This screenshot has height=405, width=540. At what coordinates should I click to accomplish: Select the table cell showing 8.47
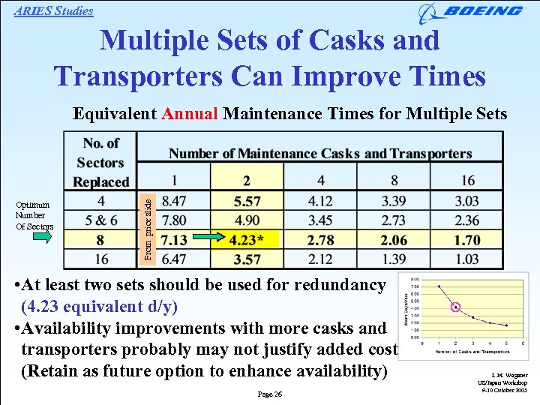click(174, 201)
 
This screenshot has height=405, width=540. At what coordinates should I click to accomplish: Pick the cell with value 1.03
click(467, 259)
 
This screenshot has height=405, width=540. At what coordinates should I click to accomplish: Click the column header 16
click(467, 180)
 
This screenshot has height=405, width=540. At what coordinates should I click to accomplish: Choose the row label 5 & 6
click(101, 220)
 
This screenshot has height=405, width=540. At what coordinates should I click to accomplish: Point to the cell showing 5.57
click(247, 201)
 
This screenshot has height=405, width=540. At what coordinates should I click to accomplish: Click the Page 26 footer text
click(270, 394)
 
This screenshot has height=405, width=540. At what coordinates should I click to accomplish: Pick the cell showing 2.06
click(394, 240)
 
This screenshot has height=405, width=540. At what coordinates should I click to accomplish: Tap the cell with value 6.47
click(174, 259)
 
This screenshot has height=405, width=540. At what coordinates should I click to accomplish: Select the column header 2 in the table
click(247, 180)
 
